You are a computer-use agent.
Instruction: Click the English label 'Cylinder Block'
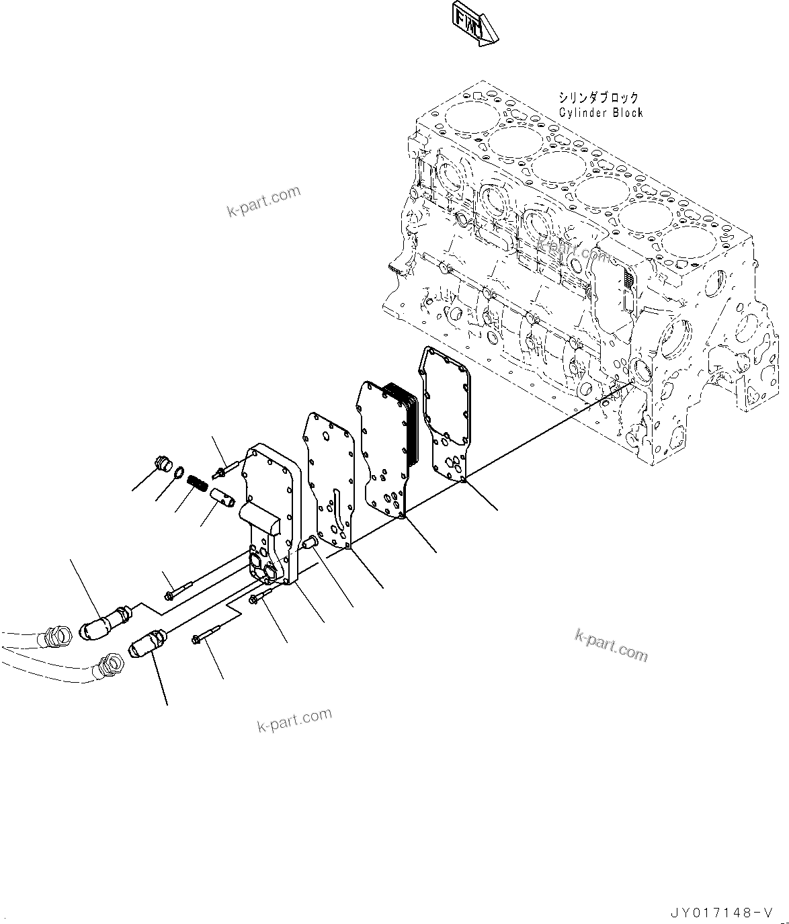point(600,113)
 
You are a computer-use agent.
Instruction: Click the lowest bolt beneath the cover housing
point(206,636)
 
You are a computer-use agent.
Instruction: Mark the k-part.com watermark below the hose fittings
point(294,720)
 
